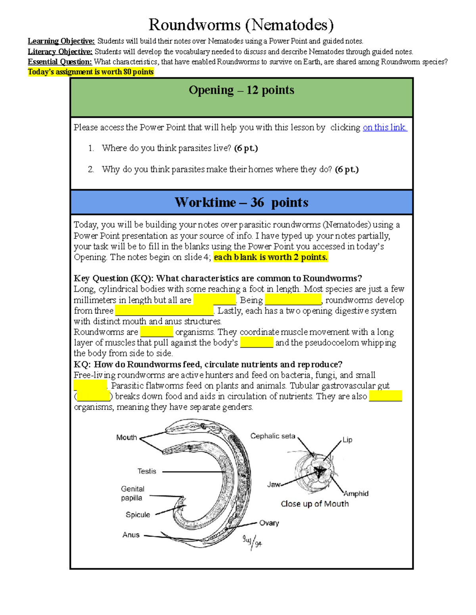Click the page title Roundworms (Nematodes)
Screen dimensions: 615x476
[x=241, y=25]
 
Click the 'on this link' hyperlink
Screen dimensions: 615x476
[x=384, y=128]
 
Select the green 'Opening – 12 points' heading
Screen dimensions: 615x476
[x=241, y=90]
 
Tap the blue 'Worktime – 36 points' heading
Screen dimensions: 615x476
[x=241, y=202]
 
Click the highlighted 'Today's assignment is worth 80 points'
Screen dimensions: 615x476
[x=90, y=72]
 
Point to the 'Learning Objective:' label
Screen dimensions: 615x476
[x=61, y=41]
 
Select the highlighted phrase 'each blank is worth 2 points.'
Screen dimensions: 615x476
[x=271, y=257]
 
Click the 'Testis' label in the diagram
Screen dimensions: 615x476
[x=147, y=471]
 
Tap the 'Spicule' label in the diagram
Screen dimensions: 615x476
[x=138, y=515]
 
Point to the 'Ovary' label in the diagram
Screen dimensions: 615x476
[x=269, y=523]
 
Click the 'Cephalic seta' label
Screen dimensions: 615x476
[x=273, y=436]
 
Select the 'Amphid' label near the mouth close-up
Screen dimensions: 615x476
[x=356, y=494]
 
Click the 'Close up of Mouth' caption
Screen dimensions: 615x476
[x=315, y=504]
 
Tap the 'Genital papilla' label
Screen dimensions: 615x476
[x=132, y=493]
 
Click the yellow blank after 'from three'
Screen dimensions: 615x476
[x=164, y=311]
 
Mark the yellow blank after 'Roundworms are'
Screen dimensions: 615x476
[x=156, y=332]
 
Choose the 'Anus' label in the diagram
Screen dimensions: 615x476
[x=131, y=535]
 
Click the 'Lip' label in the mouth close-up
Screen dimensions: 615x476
[x=347, y=440]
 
